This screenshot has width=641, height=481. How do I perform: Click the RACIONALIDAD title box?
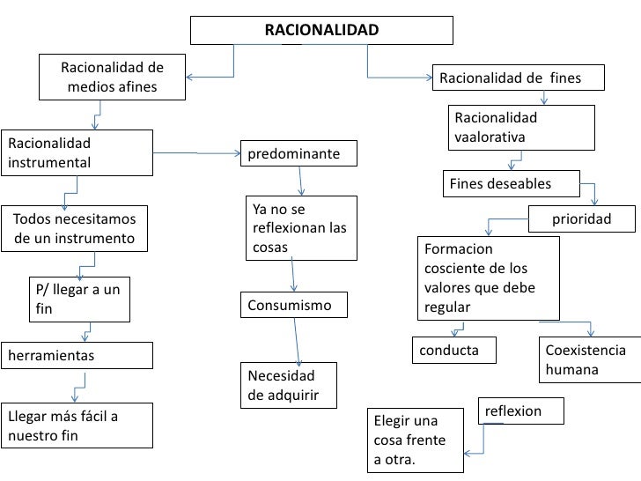pos(321,31)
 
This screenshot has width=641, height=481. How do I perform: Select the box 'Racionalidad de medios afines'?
pos(112,78)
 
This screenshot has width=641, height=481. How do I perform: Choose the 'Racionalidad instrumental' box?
pos(77,152)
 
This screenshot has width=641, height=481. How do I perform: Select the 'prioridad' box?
pos(581,218)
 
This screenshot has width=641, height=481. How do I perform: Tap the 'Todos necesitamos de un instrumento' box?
pos(75,228)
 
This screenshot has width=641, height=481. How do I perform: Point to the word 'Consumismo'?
pos(294,306)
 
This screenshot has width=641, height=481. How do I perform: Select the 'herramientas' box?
pos(77,355)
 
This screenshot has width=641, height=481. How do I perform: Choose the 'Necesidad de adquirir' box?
pos(290,385)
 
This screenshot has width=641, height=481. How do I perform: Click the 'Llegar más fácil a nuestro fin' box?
pos(77,425)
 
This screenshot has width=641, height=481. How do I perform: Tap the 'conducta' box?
pos(454,350)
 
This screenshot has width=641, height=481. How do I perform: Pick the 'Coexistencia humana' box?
pos(586,359)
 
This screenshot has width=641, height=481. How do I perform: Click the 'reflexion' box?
pos(520,411)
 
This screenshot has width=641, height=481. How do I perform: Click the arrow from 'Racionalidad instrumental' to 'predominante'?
pos(197,153)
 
